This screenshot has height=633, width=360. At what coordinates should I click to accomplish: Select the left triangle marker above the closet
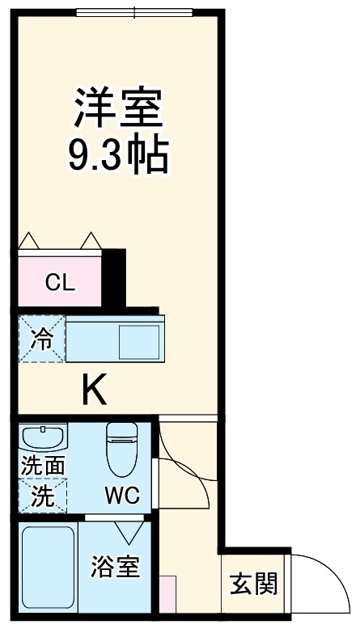29,241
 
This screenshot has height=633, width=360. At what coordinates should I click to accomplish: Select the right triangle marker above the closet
90,241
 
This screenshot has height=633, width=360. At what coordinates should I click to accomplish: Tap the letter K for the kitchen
94,393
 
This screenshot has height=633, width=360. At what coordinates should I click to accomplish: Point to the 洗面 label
42,467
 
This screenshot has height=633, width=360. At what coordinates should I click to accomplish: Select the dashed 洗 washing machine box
42,496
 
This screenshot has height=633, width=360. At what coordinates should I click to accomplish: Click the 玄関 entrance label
254,584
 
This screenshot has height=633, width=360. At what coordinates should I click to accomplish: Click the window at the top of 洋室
135,12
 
